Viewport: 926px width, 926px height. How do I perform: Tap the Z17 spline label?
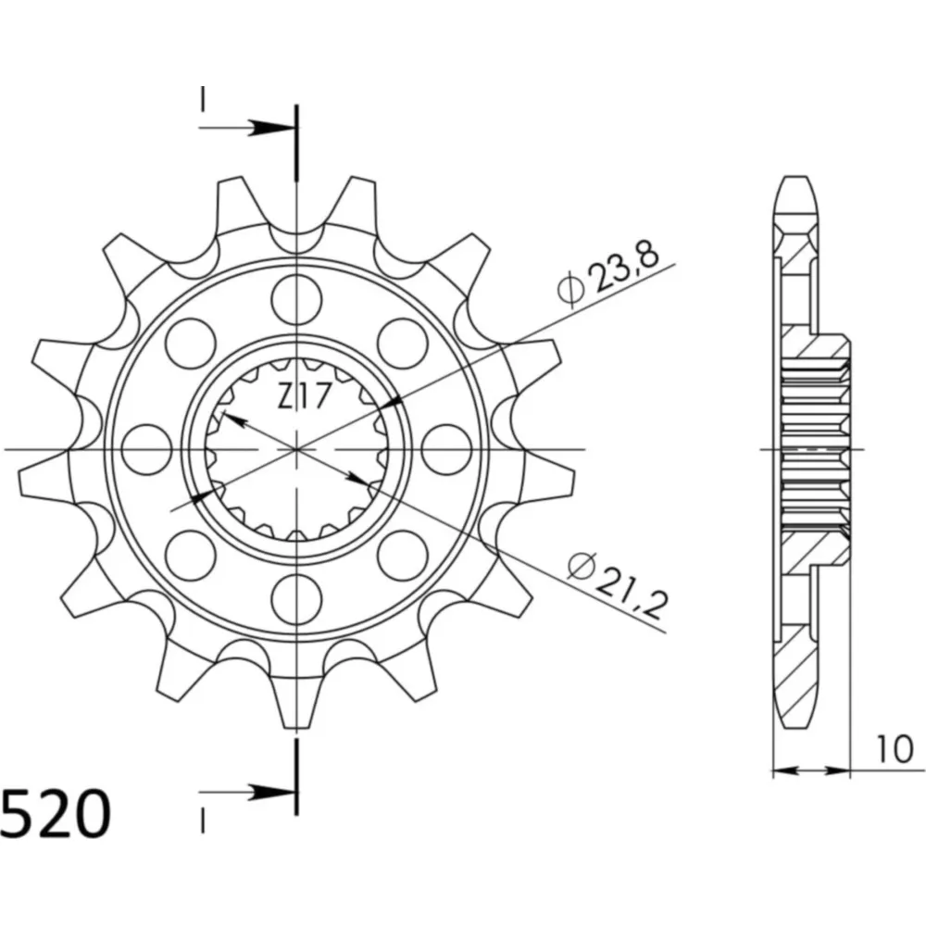click(x=303, y=396)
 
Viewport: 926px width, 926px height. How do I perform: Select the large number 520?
click(x=56, y=814)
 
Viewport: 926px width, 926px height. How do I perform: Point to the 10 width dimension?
click(x=895, y=749)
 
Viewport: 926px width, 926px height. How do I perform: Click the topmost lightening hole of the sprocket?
click(x=296, y=298)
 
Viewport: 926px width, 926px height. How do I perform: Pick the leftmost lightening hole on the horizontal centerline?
click(x=145, y=449)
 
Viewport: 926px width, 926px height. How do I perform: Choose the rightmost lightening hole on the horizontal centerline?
click(x=447, y=449)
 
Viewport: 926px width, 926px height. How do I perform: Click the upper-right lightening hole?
click(x=403, y=344)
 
